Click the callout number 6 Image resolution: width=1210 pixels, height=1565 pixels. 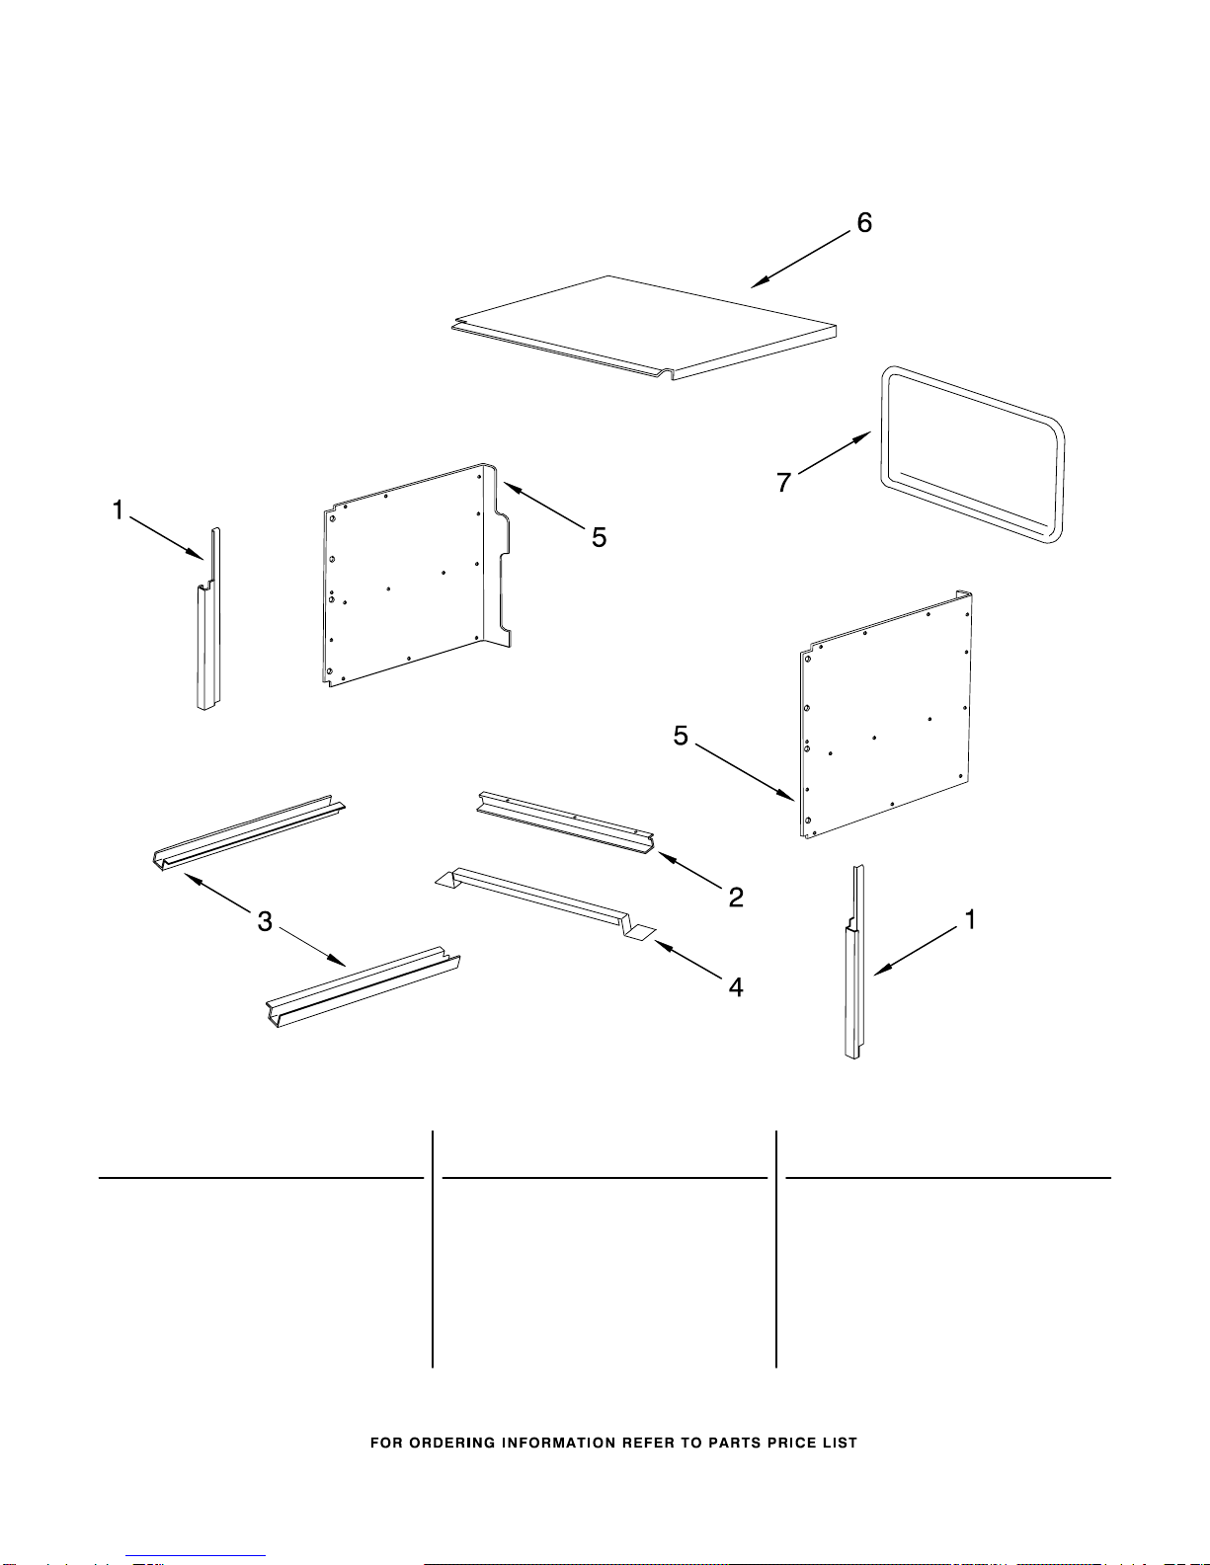pyautogui.click(x=864, y=222)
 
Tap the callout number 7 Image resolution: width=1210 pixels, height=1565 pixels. pyautogui.click(x=783, y=482)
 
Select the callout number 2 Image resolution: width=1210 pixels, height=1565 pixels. pyautogui.click(x=735, y=898)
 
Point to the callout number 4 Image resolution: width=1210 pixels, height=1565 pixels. pyautogui.click(x=735, y=987)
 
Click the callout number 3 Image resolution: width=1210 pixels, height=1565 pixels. pyautogui.click(x=265, y=922)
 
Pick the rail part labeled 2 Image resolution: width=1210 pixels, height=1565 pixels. pyautogui.click(x=565, y=822)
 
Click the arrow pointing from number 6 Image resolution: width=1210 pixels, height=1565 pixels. pyautogui.click(x=800, y=260)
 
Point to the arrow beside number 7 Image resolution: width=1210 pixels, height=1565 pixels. pyautogui.click(x=834, y=452)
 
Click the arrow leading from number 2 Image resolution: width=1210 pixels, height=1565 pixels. pyautogui.click(x=689, y=870)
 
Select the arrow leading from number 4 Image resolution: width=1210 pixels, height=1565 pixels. pyautogui.click(x=687, y=960)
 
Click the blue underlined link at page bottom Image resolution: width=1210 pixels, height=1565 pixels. pyautogui.click(x=196, y=1556)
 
